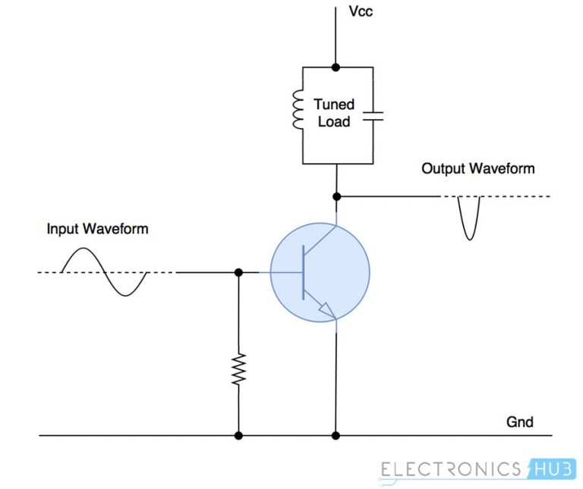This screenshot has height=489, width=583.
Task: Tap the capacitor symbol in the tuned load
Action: coord(373,116)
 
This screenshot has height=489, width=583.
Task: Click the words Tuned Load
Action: coord(333,113)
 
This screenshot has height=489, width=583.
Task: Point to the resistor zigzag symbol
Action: coord(238,368)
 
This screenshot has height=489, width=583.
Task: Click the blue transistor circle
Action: coord(320,271)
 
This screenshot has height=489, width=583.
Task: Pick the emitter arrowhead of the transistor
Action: coord(326,310)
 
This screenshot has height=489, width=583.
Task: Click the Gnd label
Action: coord(520,422)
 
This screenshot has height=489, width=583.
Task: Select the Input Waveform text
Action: coord(97,228)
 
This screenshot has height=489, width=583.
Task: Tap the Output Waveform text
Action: coord(478,168)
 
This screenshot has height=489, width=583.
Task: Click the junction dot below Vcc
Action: coord(335,67)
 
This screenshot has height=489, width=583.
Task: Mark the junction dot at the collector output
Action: coord(335,196)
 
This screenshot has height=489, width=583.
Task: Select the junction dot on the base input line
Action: coord(238,272)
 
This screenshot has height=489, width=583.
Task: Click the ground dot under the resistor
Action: coord(238,436)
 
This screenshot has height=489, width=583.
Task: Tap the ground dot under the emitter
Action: coord(335,436)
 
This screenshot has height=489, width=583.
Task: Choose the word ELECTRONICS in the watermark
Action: coord(450,469)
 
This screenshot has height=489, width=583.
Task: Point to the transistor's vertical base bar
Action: coord(303,272)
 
